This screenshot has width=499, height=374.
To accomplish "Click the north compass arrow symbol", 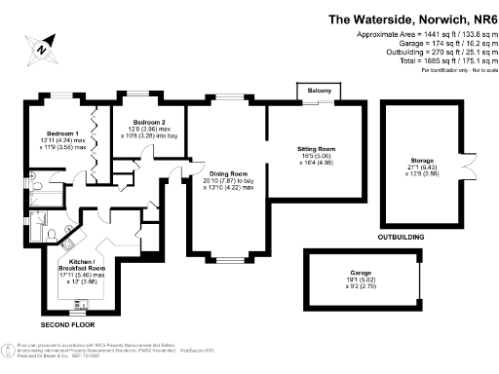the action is [43, 46].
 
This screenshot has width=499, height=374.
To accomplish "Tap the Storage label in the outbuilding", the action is [423, 160].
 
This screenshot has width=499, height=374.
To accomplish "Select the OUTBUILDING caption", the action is [402, 237].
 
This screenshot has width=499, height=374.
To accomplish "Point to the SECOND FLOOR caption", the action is [67, 323].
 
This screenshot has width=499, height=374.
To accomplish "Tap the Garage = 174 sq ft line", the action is [430, 44].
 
